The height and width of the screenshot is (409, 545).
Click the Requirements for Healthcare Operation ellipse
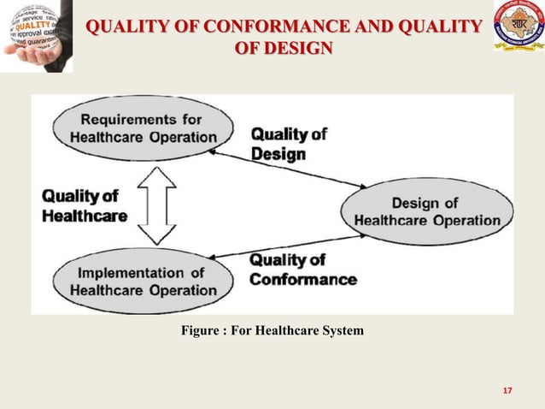pyautogui.click(x=143, y=127)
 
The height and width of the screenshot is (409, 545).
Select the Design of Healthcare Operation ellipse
pyautogui.click(x=426, y=211)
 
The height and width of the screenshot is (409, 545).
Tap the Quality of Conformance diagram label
pyautogui.click(x=302, y=270)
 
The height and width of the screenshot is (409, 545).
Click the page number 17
pyautogui.click(x=507, y=391)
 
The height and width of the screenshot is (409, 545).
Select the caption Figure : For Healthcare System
pyautogui.click(x=272, y=330)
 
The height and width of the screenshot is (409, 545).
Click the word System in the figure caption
pyautogui.click(x=339, y=330)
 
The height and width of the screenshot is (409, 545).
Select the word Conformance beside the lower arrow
pyautogui.click(x=302, y=279)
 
